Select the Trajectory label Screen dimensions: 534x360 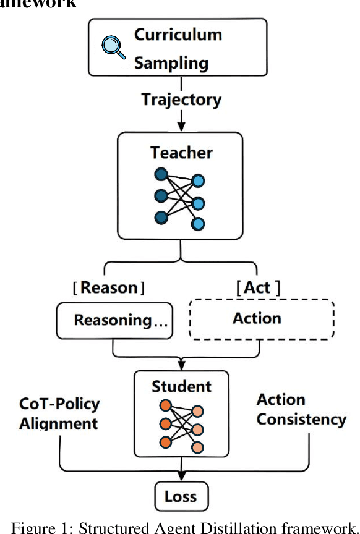[181, 100]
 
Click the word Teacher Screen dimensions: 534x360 [181, 153]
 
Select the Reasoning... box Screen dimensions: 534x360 [113, 320]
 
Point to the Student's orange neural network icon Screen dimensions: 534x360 [181, 426]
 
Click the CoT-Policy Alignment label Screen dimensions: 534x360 [59, 414]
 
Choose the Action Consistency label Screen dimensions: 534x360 [301, 410]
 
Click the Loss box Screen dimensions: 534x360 [181, 496]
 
